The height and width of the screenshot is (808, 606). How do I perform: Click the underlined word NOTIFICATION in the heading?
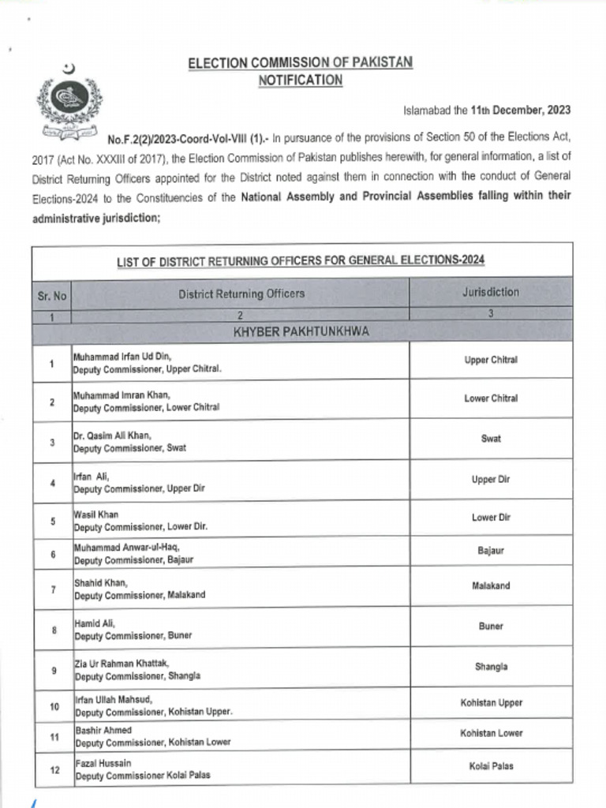[x=300, y=80]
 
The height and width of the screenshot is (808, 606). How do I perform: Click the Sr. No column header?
[x=52, y=297]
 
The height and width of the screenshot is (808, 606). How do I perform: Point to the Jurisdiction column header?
[x=491, y=292]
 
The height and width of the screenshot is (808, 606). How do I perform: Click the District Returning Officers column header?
[x=241, y=294]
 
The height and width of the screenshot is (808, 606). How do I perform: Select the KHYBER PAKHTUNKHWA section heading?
[x=301, y=332]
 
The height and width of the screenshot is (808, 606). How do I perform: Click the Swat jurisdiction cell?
[x=491, y=439]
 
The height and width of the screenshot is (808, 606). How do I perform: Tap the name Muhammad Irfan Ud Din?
[x=122, y=356]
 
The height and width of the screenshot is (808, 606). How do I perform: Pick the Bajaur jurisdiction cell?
[x=491, y=551]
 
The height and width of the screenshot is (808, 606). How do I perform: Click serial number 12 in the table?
[x=52, y=770]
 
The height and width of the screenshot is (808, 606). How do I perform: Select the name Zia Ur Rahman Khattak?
[x=122, y=663]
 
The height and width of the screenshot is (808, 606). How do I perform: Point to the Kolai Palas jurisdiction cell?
[x=491, y=765]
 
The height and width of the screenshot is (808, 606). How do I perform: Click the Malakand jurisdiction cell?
[x=491, y=586]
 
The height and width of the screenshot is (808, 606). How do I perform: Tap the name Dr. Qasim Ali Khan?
[x=113, y=436]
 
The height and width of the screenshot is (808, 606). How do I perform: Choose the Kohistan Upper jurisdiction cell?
[x=491, y=702]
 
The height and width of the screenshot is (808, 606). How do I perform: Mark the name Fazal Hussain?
[x=103, y=763]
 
